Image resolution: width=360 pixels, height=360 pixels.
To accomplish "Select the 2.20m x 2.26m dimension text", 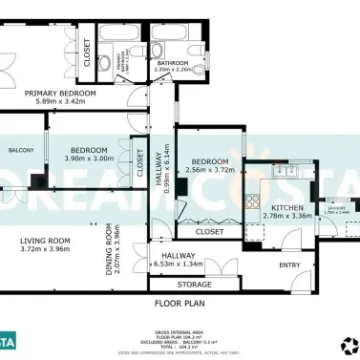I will (x=174, y=70).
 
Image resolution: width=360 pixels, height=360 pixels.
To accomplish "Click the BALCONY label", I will (x=21, y=151).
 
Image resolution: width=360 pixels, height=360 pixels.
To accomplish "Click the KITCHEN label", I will (x=287, y=207).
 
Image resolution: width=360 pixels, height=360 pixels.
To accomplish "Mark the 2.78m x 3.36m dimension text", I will (x=287, y=216).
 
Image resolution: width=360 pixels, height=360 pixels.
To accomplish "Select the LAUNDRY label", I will (x=336, y=207).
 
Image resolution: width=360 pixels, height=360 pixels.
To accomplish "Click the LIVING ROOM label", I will (x=46, y=241).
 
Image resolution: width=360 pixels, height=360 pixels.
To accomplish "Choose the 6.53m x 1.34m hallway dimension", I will (x=180, y=265).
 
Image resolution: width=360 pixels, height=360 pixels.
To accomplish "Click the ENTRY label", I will (x=288, y=265).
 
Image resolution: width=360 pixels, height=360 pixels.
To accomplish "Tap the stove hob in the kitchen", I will (x=254, y=201).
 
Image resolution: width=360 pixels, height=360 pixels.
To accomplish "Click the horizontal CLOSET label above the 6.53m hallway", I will (x=209, y=231).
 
